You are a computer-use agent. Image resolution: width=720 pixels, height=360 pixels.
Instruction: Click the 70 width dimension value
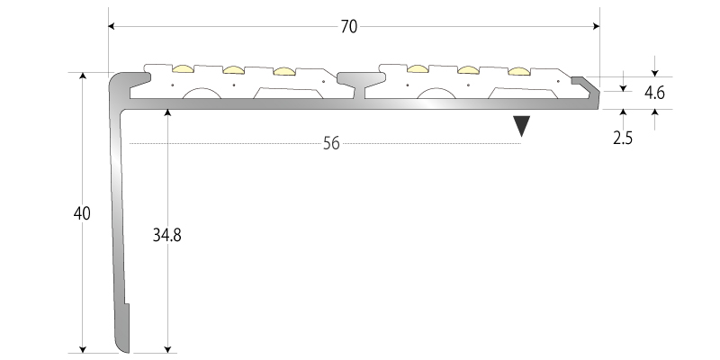click(349, 26)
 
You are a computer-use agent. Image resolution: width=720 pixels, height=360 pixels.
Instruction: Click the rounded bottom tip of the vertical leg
click(123, 346)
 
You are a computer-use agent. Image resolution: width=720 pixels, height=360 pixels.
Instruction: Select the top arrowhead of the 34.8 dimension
click(167, 112)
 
